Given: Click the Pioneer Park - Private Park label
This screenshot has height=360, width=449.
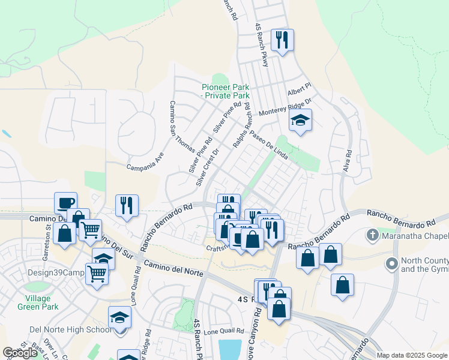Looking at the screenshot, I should (225, 91).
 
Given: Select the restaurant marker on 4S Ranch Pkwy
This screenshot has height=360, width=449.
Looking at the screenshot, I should (282, 41).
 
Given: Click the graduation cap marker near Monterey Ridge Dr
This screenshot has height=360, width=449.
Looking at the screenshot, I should (300, 121).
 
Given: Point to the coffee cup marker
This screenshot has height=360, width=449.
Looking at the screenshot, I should (65, 203).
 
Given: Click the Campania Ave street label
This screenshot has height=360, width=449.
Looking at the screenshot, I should (145, 163).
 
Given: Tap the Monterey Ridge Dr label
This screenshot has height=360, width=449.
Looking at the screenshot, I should (285, 108).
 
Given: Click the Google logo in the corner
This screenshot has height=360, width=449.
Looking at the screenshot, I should (20, 353).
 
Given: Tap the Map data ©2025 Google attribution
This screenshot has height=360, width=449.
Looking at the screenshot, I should (412, 355).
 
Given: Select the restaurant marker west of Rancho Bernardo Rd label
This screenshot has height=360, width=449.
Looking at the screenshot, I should (127, 206).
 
